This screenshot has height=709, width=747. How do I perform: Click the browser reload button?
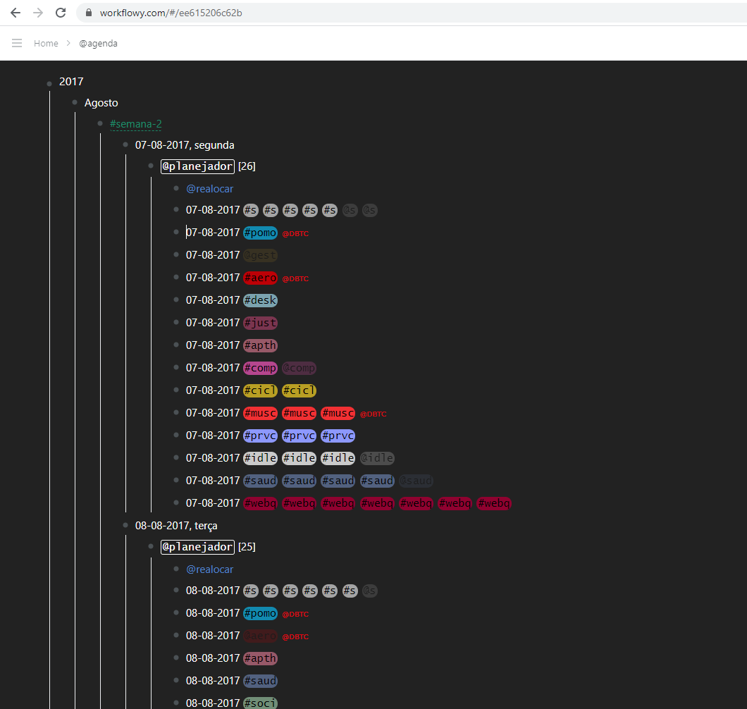[x=61, y=13]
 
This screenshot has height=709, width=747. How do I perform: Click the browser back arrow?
[x=16, y=13]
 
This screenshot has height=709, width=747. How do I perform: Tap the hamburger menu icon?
[x=17, y=44]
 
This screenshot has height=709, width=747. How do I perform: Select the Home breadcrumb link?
[x=46, y=44]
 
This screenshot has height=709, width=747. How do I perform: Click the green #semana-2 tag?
[x=136, y=124]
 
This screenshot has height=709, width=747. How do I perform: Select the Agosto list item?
[x=101, y=103]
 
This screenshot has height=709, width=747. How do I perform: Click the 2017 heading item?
[x=71, y=82]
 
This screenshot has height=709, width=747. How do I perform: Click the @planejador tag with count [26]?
[x=197, y=166]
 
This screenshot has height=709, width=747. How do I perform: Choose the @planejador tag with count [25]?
[x=197, y=547]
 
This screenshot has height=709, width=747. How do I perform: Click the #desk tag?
[x=260, y=300]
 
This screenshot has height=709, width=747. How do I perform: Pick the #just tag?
[x=260, y=323]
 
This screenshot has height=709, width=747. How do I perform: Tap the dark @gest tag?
[x=260, y=255]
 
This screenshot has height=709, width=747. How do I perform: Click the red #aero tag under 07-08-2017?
[x=260, y=278]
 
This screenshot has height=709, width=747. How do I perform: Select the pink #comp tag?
[x=260, y=368]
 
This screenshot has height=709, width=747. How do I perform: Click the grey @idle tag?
[x=376, y=458]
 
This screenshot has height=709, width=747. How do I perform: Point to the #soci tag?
[x=260, y=703]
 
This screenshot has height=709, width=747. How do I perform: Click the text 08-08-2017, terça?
[x=176, y=526]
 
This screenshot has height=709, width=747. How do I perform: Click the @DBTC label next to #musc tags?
[x=373, y=414]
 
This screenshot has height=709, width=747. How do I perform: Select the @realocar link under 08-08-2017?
[x=209, y=569]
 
